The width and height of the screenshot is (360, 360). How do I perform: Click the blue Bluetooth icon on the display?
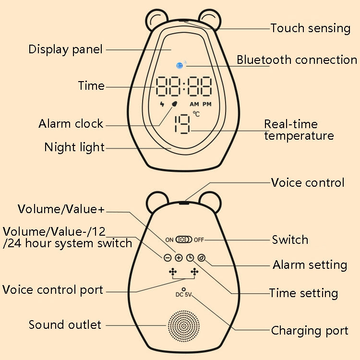tap(180, 65)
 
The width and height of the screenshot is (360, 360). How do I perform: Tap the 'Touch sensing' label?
tap(310, 28)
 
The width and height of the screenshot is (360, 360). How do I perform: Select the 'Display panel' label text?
tap(66, 49)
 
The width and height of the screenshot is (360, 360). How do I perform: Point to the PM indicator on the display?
tap(207, 104)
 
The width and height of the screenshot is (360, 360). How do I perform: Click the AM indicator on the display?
tap(194, 104)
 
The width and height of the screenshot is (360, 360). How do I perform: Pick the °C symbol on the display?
tap(196, 114)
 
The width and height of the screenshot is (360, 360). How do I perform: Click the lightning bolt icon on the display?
tap(162, 104)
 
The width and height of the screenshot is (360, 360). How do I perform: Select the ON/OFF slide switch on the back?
tap(184, 239)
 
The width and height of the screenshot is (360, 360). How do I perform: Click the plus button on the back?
tap(179, 258)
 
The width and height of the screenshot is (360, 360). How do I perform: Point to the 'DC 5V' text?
tap(184, 295)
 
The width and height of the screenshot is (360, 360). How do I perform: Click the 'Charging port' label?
tap(310, 331)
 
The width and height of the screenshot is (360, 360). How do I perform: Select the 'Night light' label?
tap(74, 147)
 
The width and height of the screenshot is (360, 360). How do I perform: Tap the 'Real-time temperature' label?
tap(299, 130)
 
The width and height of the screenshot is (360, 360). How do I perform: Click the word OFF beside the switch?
tap(199, 240)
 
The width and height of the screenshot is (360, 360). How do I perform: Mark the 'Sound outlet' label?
tap(65, 325)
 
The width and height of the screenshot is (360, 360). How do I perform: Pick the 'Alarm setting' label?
tap(310, 265)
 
